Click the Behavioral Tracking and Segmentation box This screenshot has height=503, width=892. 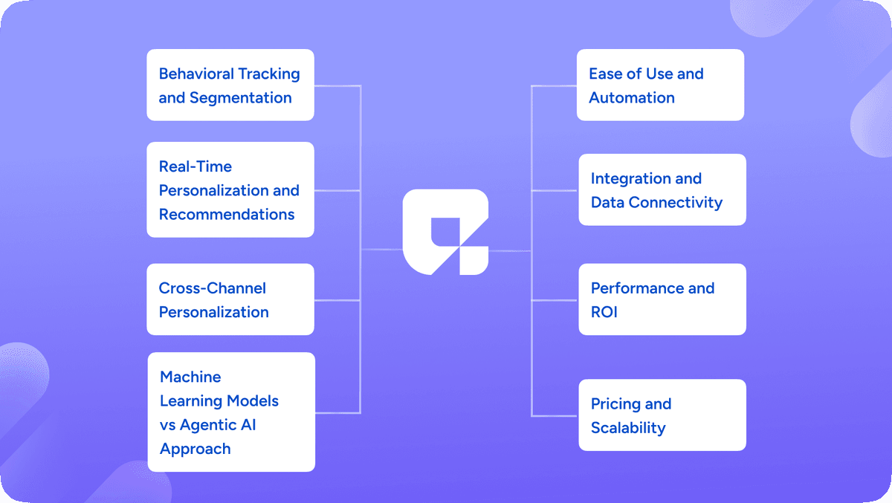click(x=230, y=85)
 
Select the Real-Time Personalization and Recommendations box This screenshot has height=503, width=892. click(x=230, y=189)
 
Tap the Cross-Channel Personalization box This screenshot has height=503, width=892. click(x=230, y=299)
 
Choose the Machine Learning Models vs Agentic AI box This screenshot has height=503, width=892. click(x=231, y=412)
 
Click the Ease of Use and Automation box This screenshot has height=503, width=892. click(x=660, y=85)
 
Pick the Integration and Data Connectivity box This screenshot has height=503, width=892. click(x=662, y=189)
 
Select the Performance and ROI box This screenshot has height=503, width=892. click(x=662, y=299)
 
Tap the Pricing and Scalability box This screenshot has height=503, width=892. click(x=662, y=415)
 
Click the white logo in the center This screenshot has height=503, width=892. click(x=445, y=232)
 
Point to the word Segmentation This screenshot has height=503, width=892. click(x=241, y=97)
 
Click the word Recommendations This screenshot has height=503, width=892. click(x=227, y=214)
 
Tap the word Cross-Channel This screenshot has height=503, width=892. click(x=213, y=288)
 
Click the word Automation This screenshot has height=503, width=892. click(x=632, y=97)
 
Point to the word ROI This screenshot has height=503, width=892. click(x=604, y=312)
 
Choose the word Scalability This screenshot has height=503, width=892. click(x=628, y=428)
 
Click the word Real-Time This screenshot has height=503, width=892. click(x=195, y=166)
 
